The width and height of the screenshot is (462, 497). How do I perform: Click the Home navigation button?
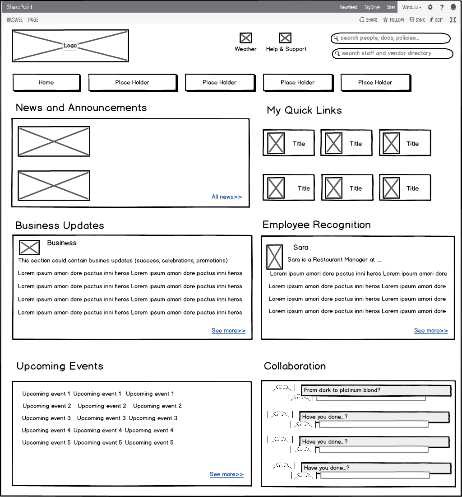46,83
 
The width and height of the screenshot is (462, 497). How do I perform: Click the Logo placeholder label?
70,46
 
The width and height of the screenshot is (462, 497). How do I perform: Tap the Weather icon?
246,38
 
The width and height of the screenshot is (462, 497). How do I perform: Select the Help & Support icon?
285,38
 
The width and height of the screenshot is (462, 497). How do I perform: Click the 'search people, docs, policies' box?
391,38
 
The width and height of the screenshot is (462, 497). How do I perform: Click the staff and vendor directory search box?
393,53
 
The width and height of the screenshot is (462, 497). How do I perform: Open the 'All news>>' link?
226,197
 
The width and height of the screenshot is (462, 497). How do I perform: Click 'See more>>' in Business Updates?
228,331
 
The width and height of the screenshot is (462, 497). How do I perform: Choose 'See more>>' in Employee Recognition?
431,331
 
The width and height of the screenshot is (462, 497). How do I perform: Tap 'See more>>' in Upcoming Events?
226,474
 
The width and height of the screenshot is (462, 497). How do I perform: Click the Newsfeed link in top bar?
348,8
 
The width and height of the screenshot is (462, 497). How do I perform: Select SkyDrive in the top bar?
372,8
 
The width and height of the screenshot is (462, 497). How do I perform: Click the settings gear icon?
430,7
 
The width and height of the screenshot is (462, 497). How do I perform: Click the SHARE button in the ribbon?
369,20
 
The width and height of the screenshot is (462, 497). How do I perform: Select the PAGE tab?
33,20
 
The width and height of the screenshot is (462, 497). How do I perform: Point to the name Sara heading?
301,248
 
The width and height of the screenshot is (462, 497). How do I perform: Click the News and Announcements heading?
81,108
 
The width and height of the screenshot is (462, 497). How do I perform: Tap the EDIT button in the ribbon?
436,20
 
